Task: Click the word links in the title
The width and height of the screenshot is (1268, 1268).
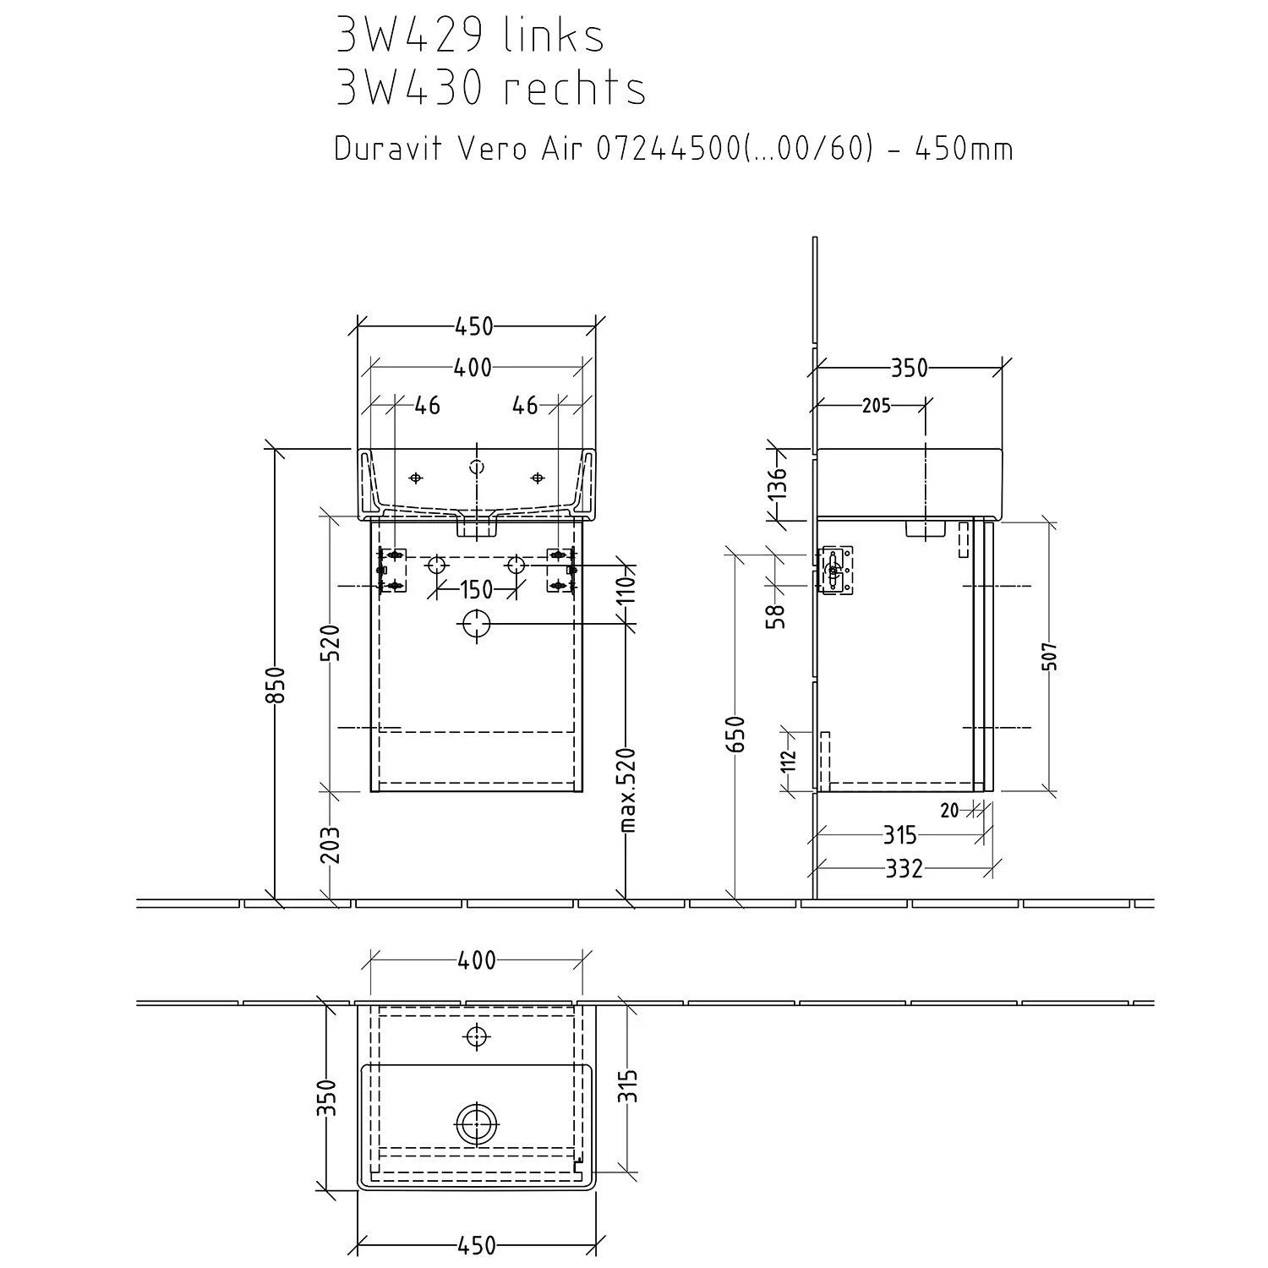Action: click(x=554, y=36)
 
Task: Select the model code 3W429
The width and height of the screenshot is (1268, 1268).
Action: click(x=409, y=36)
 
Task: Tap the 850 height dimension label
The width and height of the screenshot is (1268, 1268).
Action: click(x=279, y=684)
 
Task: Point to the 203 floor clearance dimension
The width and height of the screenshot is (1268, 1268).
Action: click(x=331, y=844)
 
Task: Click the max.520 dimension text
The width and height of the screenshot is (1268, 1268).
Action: click(x=626, y=790)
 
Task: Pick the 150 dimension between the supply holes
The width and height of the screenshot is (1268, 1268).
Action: click(x=477, y=589)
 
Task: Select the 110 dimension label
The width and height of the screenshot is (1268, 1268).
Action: click(x=626, y=589)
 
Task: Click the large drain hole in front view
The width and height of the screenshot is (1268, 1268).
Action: click(x=476, y=625)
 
